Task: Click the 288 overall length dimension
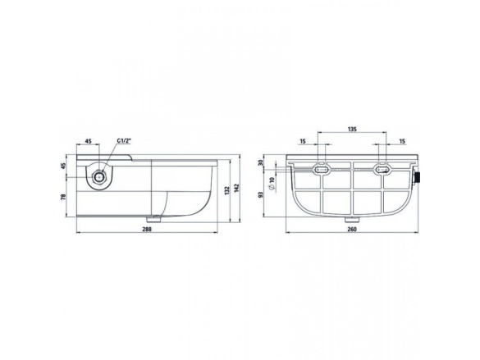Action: pyautogui.click(x=147, y=229)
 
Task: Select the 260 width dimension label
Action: pyautogui.click(x=352, y=229)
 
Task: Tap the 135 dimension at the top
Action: pyautogui.click(x=352, y=129)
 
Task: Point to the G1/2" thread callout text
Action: pyautogui.click(x=124, y=141)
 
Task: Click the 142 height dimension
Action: pyautogui.click(x=237, y=188)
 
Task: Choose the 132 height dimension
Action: pyautogui.click(x=227, y=190)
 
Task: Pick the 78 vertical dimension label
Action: pyautogui.click(x=64, y=197)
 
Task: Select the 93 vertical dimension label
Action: pyautogui.click(x=261, y=194)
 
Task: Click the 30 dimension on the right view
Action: pyautogui.click(x=261, y=162)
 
